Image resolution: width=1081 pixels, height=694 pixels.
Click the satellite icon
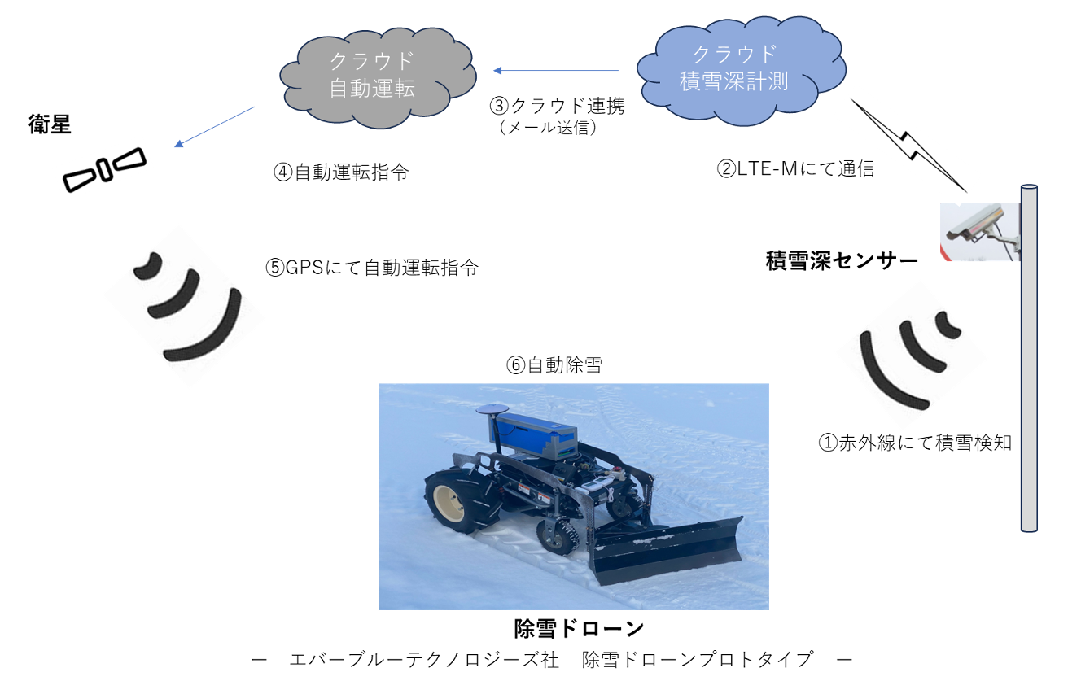[104, 168]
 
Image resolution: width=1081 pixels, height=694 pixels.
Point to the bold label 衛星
[48, 124]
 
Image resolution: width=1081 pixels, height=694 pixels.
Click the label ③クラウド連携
[557, 106]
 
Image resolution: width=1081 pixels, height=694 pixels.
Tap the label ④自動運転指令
[341, 172]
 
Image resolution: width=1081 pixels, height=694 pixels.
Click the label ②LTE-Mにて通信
[794, 169]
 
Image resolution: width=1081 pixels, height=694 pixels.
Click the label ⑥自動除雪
[554, 365]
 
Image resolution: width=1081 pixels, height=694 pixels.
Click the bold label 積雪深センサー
[842, 261]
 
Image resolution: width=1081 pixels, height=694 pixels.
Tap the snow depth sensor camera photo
[979, 231]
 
